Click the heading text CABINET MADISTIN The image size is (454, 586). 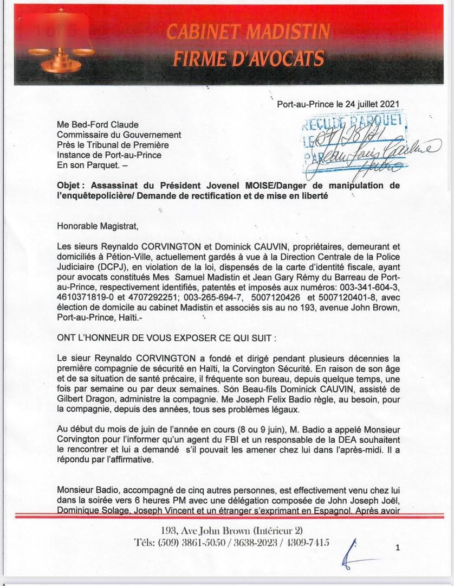(x=248, y=33)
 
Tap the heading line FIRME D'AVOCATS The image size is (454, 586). (x=249, y=58)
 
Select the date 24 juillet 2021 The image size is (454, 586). (x=369, y=103)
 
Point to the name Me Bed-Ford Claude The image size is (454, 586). (x=98, y=125)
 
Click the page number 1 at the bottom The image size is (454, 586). (x=398, y=548)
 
